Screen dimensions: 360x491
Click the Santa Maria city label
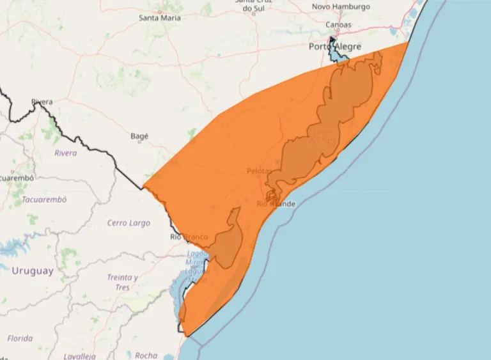[x=160, y=18]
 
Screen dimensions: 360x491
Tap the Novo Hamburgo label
[x=341, y=6]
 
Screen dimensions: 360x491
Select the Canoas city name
[x=338, y=25]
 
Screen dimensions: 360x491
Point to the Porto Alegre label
[x=335, y=47]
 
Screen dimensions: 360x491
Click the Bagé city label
[x=139, y=136]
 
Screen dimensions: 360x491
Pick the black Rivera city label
[x=42, y=102]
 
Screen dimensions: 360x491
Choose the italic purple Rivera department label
[x=65, y=153]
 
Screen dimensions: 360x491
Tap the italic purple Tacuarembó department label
[x=44, y=200]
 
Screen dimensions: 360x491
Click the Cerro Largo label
[x=129, y=223]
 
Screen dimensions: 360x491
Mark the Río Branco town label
[x=189, y=237]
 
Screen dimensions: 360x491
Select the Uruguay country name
[x=33, y=271]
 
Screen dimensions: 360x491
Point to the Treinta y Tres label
[x=123, y=282]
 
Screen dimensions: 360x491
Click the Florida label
[x=20, y=338]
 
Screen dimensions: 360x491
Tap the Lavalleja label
[x=79, y=356]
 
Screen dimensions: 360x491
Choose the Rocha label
[x=146, y=355]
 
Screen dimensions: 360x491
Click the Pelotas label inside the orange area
[x=260, y=171]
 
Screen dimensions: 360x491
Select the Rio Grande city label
[x=276, y=204]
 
